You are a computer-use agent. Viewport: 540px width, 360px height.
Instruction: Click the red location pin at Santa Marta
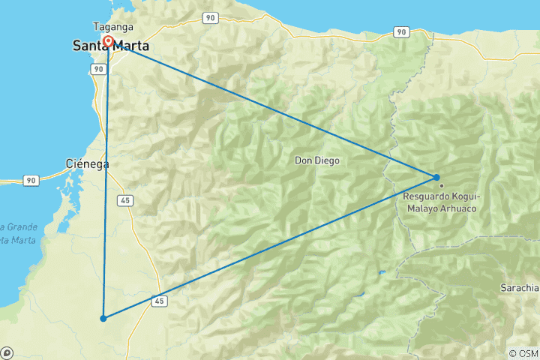[109, 41]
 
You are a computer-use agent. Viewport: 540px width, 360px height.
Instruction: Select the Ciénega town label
[88, 163]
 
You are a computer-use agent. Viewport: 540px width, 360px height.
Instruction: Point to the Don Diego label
[316, 160]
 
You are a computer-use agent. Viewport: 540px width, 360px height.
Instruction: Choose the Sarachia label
[520, 287]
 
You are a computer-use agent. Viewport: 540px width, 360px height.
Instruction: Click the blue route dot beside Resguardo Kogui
[436, 178]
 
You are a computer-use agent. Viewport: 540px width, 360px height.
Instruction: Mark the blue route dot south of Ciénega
[103, 319]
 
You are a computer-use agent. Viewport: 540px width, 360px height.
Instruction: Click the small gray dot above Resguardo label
[442, 185]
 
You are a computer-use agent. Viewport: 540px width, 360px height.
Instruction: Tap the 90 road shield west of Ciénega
[31, 181]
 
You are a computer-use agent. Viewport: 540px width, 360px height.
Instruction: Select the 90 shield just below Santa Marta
[97, 68]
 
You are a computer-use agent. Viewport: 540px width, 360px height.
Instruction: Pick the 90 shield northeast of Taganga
[209, 17]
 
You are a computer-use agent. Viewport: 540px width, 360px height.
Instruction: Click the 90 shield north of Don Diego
[402, 31]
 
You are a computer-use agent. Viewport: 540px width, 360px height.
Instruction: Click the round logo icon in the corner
[7, 352]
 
